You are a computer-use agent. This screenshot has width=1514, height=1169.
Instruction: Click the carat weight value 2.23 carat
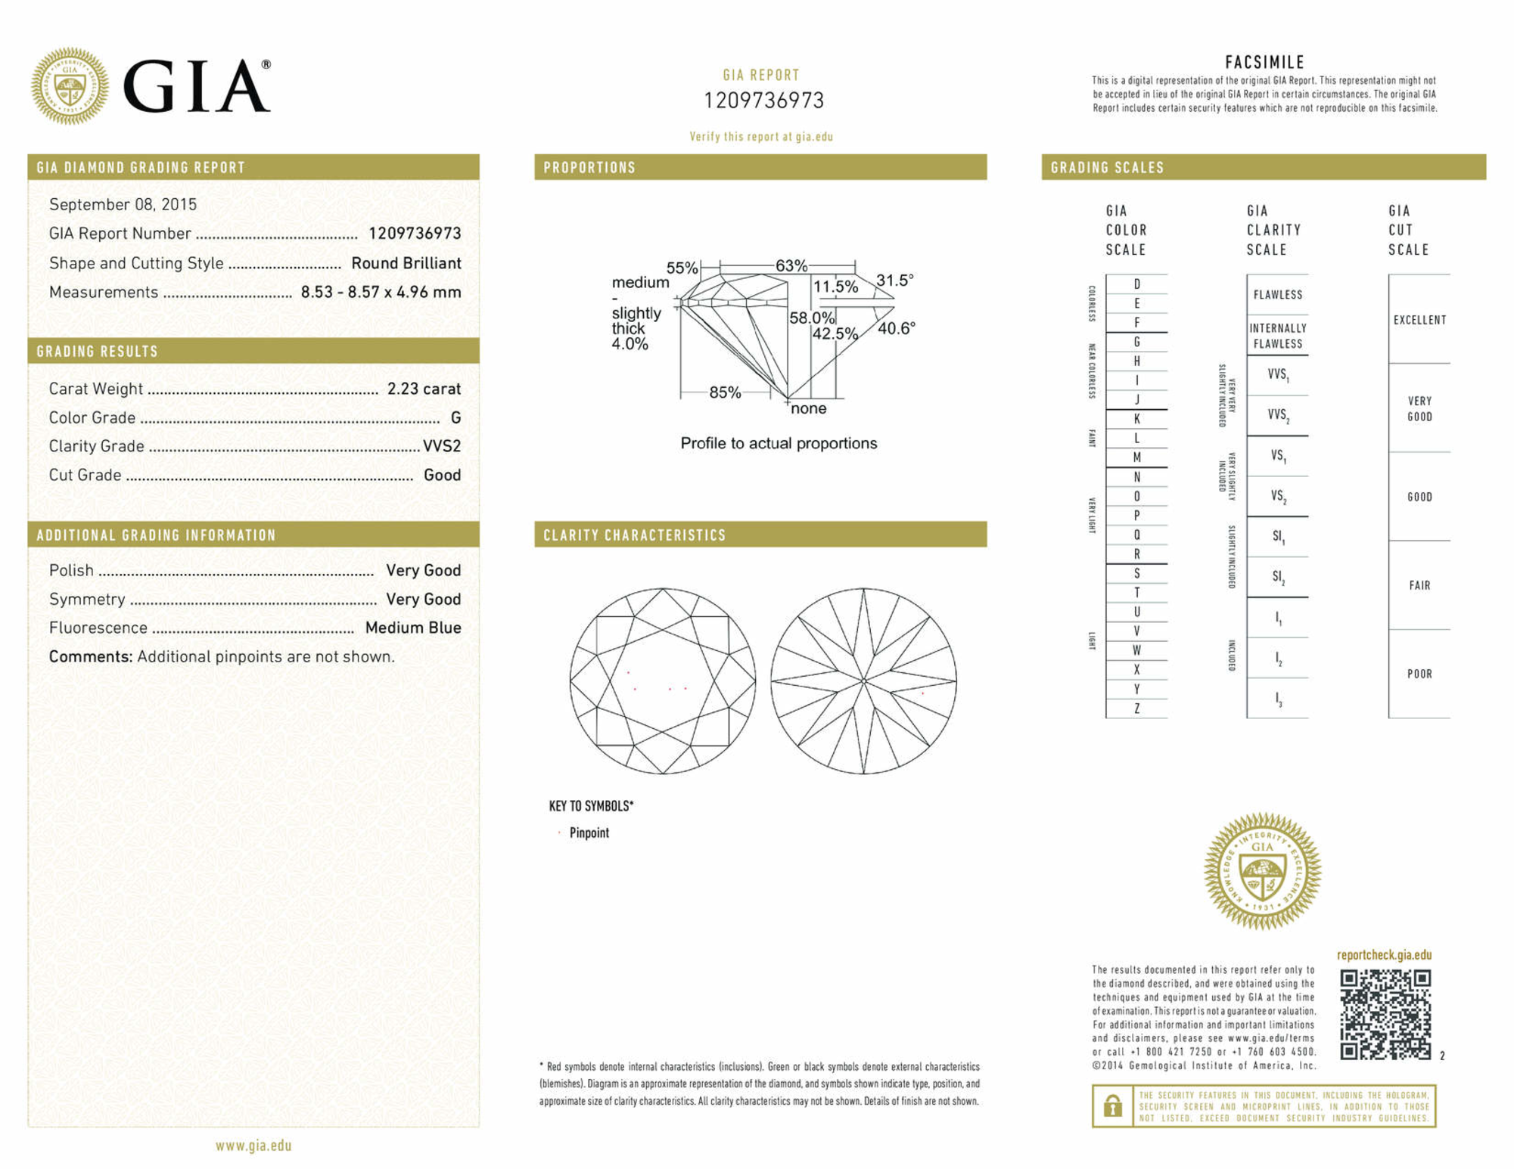(x=424, y=389)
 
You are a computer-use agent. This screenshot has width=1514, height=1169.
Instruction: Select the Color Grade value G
(x=455, y=417)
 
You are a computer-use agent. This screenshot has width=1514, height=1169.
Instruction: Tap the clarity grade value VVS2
(x=442, y=446)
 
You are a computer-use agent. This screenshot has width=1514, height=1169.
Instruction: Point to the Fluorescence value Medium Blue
(x=413, y=628)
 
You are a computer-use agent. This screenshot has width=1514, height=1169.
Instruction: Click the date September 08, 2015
(x=123, y=204)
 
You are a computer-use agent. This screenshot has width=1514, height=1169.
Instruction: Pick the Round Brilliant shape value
(x=406, y=263)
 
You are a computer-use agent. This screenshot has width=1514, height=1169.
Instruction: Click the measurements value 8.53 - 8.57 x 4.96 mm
(x=381, y=292)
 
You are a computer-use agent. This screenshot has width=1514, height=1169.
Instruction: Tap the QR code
(x=1385, y=1014)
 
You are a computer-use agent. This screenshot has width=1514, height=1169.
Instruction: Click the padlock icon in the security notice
(x=1112, y=1105)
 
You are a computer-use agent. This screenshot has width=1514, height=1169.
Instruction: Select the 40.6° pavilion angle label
(x=896, y=328)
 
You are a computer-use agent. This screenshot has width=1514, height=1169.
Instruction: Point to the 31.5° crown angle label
(x=894, y=281)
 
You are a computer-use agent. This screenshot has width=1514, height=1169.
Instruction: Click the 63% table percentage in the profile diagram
(x=791, y=266)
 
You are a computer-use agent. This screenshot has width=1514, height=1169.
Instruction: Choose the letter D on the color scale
(x=1136, y=284)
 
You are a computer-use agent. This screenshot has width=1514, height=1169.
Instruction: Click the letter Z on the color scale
(x=1136, y=709)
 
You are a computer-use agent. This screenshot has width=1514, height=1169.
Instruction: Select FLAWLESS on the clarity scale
(x=1277, y=295)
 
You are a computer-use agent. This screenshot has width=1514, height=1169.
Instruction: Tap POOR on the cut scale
(x=1419, y=674)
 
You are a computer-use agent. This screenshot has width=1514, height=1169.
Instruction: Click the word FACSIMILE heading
(x=1264, y=63)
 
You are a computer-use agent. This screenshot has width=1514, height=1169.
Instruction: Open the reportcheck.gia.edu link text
(x=1384, y=955)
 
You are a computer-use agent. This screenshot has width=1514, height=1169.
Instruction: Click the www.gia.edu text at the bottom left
(x=253, y=1146)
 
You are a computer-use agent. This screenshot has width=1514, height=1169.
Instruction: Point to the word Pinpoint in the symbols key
(x=589, y=833)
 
